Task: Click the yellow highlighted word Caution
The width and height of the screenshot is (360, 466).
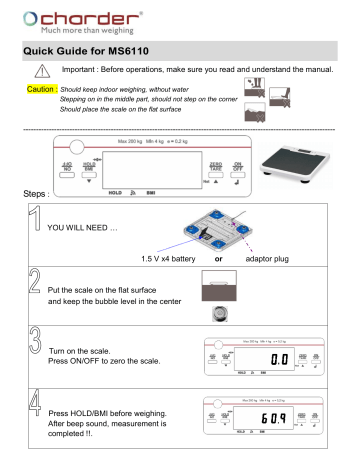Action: [x=38, y=101]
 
